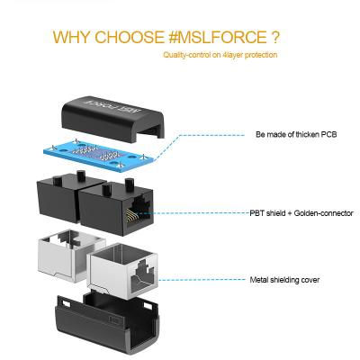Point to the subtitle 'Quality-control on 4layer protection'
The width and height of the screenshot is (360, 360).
pos(220,55)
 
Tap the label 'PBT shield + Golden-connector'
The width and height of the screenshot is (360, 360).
pos(301,213)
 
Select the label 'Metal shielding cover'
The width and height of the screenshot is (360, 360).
pos(283,280)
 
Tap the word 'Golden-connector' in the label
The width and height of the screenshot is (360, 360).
pos(329,213)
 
